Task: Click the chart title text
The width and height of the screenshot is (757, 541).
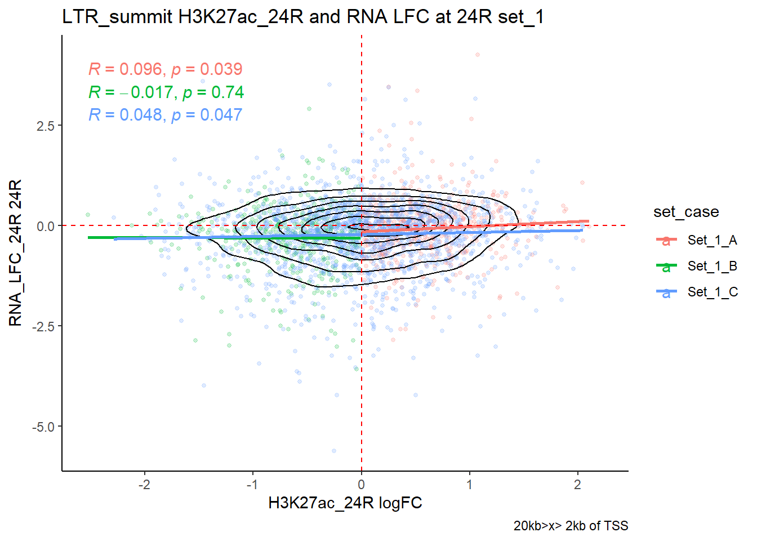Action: pyautogui.click(x=302, y=17)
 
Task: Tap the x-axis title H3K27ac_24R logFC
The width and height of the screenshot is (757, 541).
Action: pyautogui.click(x=345, y=503)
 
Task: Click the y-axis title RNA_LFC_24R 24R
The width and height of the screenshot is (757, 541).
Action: pyautogui.click(x=15, y=252)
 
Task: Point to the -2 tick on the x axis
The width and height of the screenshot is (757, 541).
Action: pyautogui.click(x=144, y=485)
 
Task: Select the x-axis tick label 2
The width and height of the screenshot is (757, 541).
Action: pyautogui.click(x=577, y=485)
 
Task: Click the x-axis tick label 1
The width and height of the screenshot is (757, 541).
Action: pyautogui.click(x=469, y=485)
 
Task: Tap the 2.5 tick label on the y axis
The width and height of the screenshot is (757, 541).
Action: pyautogui.click(x=45, y=126)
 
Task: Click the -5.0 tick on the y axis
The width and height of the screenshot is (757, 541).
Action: pyautogui.click(x=43, y=427)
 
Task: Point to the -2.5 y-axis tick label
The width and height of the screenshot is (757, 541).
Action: pyautogui.click(x=43, y=326)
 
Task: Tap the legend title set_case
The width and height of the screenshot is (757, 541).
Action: pyautogui.click(x=686, y=212)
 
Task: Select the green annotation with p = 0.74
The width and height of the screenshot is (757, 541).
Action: pyautogui.click(x=166, y=92)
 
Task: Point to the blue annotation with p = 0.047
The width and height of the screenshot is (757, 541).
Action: pyautogui.click(x=165, y=115)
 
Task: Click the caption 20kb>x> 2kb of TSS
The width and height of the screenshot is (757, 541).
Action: pyautogui.click(x=571, y=526)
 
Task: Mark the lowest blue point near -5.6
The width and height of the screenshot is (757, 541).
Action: pyautogui.click(x=334, y=451)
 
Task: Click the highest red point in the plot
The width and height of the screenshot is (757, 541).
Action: pyautogui.click(x=478, y=55)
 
